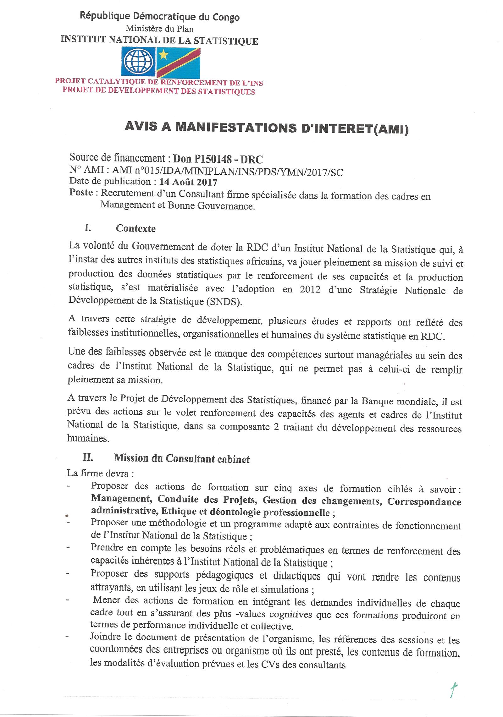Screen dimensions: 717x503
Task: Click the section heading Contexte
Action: pyautogui.click(x=135, y=228)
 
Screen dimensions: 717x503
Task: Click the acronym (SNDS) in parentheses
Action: pyautogui.click(x=225, y=302)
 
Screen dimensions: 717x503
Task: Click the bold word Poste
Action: pyautogui.click(x=81, y=192)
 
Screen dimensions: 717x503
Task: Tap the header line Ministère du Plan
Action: pyautogui.click(x=159, y=29)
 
